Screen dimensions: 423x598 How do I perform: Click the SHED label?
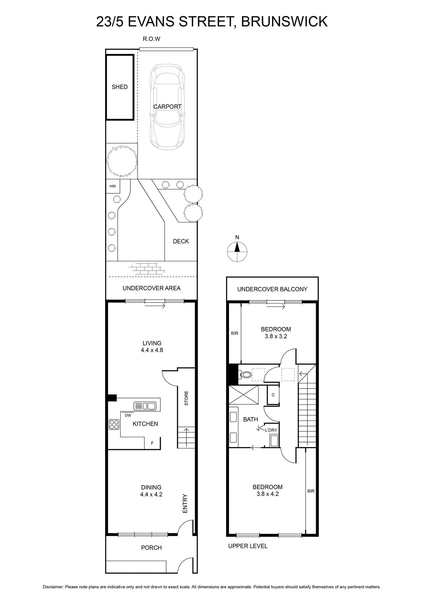[120, 87]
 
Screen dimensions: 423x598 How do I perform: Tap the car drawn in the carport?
[167, 107]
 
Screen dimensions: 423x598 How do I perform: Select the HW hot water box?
[113, 187]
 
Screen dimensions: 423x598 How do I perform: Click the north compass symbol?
[237, 251]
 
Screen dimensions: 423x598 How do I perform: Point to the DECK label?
[181, 241]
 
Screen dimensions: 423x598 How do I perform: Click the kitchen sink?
[145, 406]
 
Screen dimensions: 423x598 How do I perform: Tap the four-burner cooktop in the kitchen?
[114, 425]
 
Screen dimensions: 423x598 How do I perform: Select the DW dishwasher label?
[128, 415]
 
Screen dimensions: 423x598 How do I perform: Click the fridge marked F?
[152, 443]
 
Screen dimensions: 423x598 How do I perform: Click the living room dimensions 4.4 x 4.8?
[152, 350]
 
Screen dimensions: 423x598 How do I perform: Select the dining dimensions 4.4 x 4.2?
[151, 494]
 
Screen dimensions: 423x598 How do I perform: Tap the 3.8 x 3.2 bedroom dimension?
[276, 336]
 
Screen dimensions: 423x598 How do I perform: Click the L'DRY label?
[271, 430]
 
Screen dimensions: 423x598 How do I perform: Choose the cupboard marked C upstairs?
[273, 395]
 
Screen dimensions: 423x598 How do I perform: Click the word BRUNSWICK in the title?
[284, 22]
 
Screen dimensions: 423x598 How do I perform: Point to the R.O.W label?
[152, 39]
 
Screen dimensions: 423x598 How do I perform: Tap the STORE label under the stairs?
[186, 398]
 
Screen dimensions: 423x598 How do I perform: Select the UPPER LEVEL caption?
[248, 546]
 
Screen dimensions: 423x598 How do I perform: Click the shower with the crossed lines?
[244, 395]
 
